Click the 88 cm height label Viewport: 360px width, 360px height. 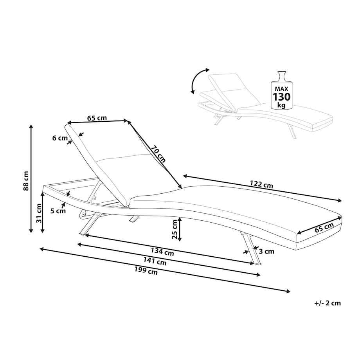click(x=26, y=181)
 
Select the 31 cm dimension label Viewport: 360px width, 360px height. click(x=39, y=213)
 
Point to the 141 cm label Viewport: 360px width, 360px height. click(x=155, y=261)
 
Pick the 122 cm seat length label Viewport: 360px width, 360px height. click(x=261, y=184)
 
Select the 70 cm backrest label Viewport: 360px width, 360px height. click(x=158, y=154)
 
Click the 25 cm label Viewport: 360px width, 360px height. click(x=175, y=229)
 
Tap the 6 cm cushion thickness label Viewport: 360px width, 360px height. click(x=60, y=138)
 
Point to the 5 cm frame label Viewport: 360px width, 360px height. click(x=58, y=211)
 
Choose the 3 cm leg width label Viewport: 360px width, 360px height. click(x=266, y=251)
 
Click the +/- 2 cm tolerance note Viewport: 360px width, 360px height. click(x=328, y=303)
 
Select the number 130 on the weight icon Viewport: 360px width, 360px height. click(x=281, y=97)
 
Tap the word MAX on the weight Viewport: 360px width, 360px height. click(x=281, y=88)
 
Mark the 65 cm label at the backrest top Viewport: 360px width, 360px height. click(x=97, y=118)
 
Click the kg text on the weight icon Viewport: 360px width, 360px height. click(x=281, y=105)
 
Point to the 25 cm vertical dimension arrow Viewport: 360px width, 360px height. click(x=180, y=229)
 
